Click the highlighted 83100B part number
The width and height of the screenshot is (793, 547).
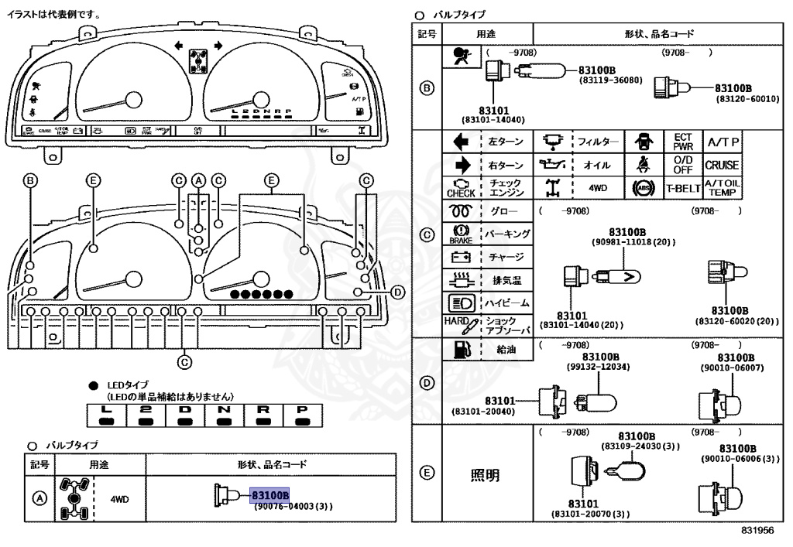(269, 494)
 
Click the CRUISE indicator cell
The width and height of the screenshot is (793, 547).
(721, 165)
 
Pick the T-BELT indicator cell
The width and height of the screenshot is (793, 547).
(683, 188)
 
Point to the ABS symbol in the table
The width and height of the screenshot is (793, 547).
(642, 188)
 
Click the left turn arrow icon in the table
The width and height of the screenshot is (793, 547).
(460, 142)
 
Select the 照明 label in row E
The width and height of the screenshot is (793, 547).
(485, 474)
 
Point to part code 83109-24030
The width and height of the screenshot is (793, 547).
(640, 446)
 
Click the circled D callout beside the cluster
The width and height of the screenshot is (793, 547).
(397, 292)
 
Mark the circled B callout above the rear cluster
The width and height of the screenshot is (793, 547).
(30, 181)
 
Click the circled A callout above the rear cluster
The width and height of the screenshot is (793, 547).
(199, 181)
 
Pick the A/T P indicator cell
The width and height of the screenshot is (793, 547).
(721, 142)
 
